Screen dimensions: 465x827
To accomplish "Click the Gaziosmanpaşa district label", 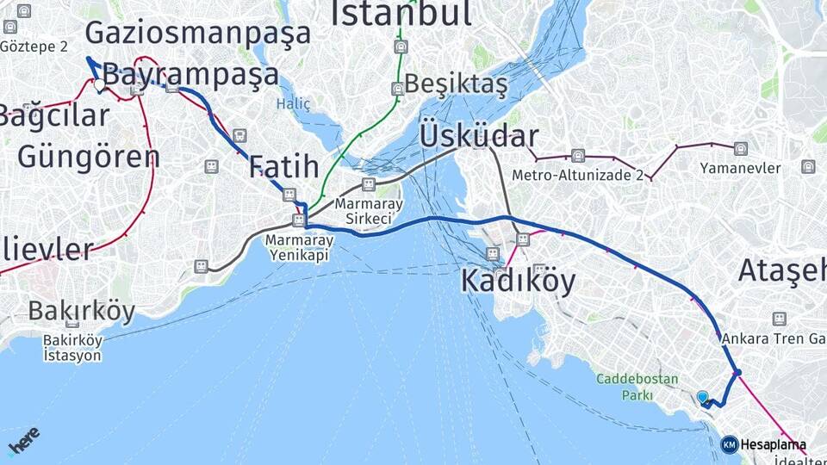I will pos(197,34).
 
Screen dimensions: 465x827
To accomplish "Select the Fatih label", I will pos(284,166).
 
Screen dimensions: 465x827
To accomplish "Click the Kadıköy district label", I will pos(518,281).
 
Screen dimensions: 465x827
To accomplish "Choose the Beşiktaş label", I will pos(456,84).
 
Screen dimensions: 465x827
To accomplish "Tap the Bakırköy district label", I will pos(82,312).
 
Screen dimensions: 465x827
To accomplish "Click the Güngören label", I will pos(89,157).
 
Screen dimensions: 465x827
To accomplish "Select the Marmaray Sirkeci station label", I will pos(369,211).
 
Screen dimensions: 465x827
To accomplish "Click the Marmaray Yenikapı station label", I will pos(298,247).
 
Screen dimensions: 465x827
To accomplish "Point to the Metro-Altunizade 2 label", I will pos(578,175).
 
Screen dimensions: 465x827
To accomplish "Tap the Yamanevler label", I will pos(741,168).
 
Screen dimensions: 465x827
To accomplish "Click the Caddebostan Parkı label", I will pos(637,387).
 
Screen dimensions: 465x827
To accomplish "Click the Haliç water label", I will pos(293,103).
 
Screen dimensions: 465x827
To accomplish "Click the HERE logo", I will pos(23,441).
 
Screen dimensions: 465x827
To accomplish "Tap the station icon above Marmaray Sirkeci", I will pos(369,184).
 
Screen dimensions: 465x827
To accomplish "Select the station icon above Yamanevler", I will pos(741,148).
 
